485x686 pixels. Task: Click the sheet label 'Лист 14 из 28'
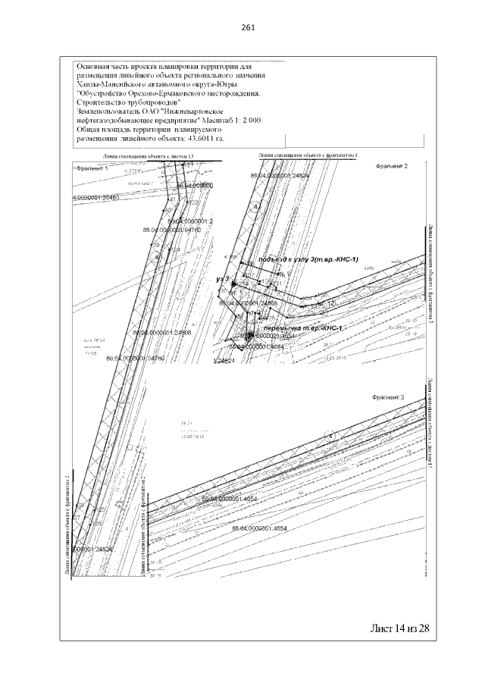[x=399, y=628]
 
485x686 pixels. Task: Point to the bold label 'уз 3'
[x=222, y=280]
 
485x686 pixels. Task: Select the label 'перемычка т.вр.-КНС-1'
[x=303, y=327]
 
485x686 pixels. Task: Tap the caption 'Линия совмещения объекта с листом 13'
[x=149, y=156]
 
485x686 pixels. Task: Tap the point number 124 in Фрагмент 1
[x=174, y=249]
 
